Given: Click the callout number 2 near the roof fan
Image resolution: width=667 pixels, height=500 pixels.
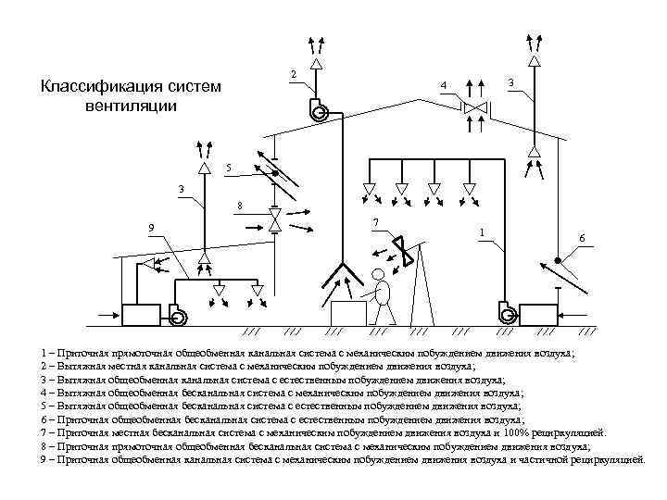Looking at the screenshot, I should pyautogui.click(x=293, y=73).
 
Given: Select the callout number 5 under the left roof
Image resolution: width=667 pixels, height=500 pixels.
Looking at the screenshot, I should pyautogui.click(x=229, y=168).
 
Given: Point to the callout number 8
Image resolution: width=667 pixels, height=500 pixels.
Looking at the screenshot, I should pyautogui.click(x=240, y=205).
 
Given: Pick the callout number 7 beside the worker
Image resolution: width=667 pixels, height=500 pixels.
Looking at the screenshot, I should pyautogui.click(x=374, y=222).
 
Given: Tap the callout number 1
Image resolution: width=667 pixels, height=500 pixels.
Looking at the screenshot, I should pyautogui.click(x=481, y=231).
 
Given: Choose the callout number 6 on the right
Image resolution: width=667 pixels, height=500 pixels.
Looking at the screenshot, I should pyautogui.click(x=581, y=239).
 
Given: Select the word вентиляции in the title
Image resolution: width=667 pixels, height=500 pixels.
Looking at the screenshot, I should pyautogui.click(x=128, y=106).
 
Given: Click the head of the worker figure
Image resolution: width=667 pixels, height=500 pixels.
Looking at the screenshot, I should pyautogui.click(x=378, y=274).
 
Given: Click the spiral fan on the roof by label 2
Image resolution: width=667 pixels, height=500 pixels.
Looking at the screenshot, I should pyautogui.click(x=321, y=111).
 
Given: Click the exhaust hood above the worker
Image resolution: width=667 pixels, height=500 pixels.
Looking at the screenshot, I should pyautogui.click(x=342, y=274).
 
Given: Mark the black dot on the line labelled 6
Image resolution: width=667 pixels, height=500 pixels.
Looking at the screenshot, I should pyautogui.click(x=556, y=258).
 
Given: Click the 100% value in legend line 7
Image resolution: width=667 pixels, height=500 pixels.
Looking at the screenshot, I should pyautogui.click(x=522, y=432).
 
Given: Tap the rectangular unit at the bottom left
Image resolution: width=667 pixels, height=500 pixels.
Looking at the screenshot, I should pyautogui.click(x=142, y=314).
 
